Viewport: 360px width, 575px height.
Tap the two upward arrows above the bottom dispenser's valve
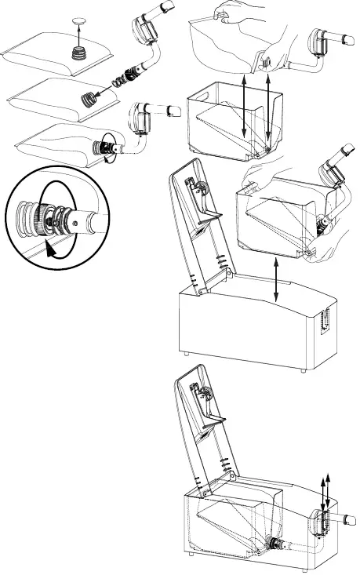pos(325,490)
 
